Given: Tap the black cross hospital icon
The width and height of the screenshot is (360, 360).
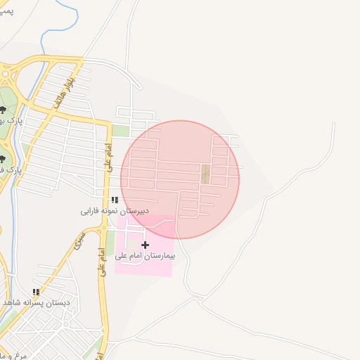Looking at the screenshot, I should coord(146,245).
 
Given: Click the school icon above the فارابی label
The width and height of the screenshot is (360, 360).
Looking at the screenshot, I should coord(115,200).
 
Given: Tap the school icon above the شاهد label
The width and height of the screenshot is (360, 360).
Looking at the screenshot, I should coord(36,292).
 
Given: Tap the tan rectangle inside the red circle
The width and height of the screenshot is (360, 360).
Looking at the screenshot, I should coord(206,174).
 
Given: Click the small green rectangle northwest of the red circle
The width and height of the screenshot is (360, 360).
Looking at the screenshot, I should coord(121,131).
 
